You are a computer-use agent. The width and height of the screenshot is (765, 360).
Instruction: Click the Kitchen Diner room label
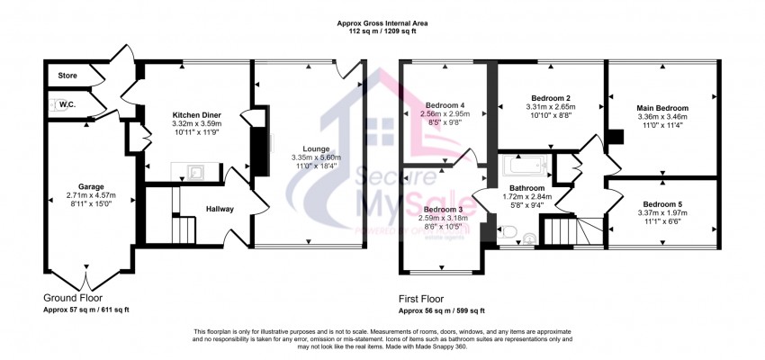pyautogui.click(x=196, y=115)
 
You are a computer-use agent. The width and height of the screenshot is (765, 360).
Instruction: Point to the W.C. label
pyautogui.click(x=66, y=104)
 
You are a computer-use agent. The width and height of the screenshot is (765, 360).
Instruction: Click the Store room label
pyautogui.click(x=67, y=76)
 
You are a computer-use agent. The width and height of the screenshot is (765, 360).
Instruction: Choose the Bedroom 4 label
pyautogui.click(x=447, y=105)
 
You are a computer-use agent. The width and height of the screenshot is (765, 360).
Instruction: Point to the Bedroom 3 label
pyautogui.click(x=445, y=210)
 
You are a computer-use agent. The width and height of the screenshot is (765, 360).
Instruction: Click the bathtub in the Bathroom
pyautogui.click(x=524, y=166)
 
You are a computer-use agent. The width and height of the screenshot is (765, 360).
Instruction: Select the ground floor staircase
pyautogui.click(x=183, y=232)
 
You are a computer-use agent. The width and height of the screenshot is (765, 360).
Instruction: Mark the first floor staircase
pyautogui.click(x=569, y=232)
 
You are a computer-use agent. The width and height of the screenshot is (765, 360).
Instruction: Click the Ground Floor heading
pyautogui.click(x=73, y=297)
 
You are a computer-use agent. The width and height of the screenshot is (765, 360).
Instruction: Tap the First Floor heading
pyautogui.click(x=426, y=297)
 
